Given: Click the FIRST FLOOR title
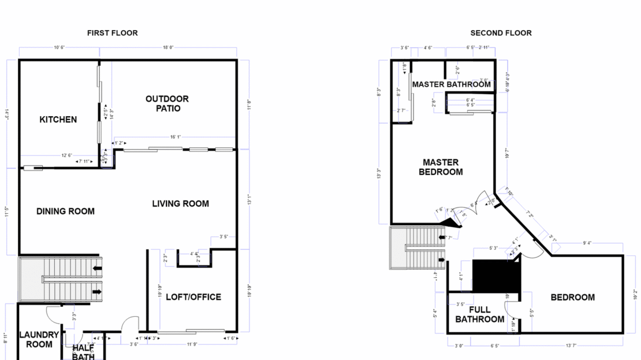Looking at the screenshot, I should click(x=112, y=33).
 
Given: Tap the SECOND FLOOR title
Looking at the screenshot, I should click(x=501, y=33).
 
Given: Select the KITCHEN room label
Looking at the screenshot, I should click(x=58, y=120).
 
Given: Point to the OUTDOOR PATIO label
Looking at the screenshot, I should click(x=167, y=103).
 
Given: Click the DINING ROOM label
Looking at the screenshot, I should click(x=65, y=211).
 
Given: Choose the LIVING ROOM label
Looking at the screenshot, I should click(x=180, y=203).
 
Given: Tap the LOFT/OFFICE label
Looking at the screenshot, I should click(x=193, y=297).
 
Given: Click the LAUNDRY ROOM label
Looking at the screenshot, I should click(x=39, y=339).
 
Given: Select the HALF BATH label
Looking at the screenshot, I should click(x=83, y=352).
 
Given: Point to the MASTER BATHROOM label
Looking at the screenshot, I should click(x=451, y=84).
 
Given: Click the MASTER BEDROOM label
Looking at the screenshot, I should click(x=441, y=167).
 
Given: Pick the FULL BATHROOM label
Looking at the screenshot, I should click(x=479, y=314).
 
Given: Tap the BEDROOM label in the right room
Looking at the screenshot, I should click(x=572, y=297).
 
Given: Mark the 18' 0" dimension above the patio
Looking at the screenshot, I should click(x=168, y=48).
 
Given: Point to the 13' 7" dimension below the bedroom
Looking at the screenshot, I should click(x=571, y=346).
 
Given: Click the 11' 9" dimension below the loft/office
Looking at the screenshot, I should click(x=191, y=344).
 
